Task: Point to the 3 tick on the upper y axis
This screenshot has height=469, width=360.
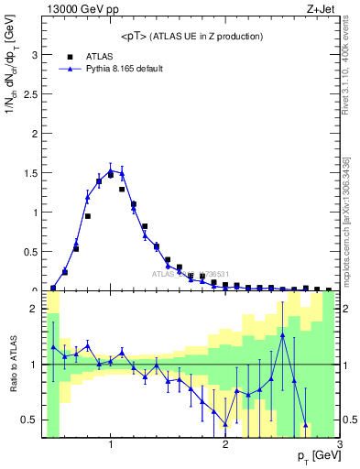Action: (36, 54)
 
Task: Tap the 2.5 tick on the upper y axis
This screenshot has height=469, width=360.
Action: (32, 93)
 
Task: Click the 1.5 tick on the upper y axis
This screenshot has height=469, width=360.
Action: (32, 172)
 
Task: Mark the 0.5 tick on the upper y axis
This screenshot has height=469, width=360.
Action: (32, 251)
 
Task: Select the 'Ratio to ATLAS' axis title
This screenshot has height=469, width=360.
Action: (12, 364)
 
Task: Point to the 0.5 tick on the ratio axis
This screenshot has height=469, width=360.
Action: (32, 420)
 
